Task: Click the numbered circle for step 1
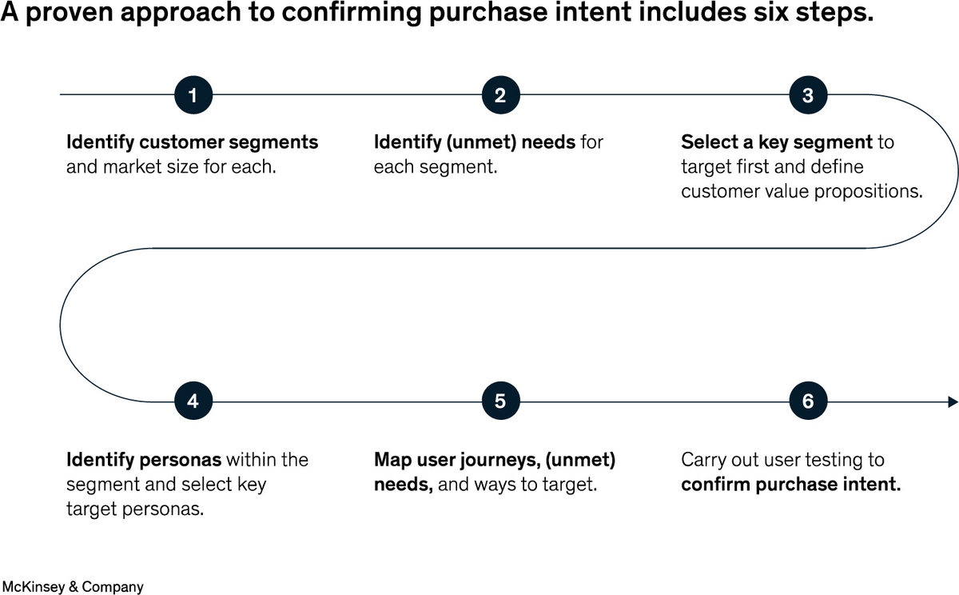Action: click(x=193, y=94)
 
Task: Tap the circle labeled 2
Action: click(x=501, y=94)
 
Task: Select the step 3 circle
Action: click(x=808, y=94)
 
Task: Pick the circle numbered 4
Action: click(x=193, y=401)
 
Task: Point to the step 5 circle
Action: click(x=501, y=401)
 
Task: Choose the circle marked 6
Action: click(x=808, y=401)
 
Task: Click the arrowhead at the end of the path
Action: click(x=953, y=401)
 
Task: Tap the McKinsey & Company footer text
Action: click(x=73, y=586)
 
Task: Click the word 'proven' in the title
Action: click(x=70, y=13)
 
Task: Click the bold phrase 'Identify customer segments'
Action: click(x=193, y=142)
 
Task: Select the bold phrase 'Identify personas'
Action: click(x=144, y=460)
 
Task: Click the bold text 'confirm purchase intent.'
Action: click(x=791, y=485)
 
